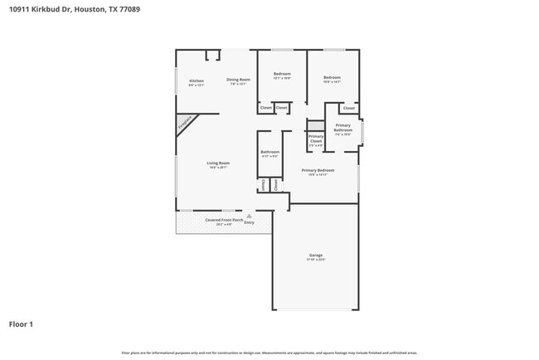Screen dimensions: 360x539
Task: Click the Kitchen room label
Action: [196, 80]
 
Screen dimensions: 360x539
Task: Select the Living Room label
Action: [218, 163]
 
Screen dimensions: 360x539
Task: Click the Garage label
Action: [316, 255]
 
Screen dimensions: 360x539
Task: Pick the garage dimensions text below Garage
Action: [316, 260]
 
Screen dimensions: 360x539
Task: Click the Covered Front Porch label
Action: [224, 220]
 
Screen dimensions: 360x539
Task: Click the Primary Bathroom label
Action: [343, 128]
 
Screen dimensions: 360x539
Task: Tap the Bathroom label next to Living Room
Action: [269, 152]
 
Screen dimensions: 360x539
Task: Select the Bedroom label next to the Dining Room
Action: [282, 74]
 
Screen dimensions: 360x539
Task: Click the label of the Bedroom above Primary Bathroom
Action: [332, 77]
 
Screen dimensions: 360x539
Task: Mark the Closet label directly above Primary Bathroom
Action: [348, 108]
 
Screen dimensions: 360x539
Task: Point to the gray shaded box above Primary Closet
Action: [316, 125]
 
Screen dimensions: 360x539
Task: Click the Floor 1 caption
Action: [22, 324]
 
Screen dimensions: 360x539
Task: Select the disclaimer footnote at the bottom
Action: [269, 353]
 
